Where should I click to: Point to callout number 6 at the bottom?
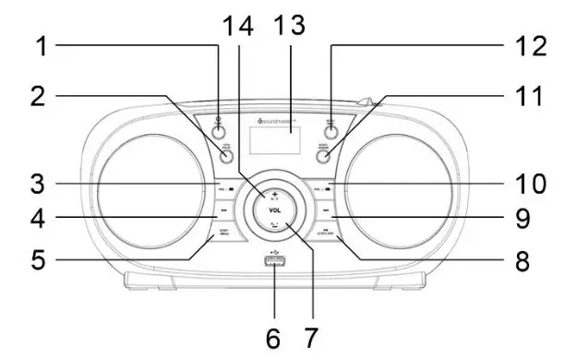click(x=273, y=338)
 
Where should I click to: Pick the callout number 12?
click(x=523, y=43)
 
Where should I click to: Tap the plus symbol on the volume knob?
click(x=274, y=192)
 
